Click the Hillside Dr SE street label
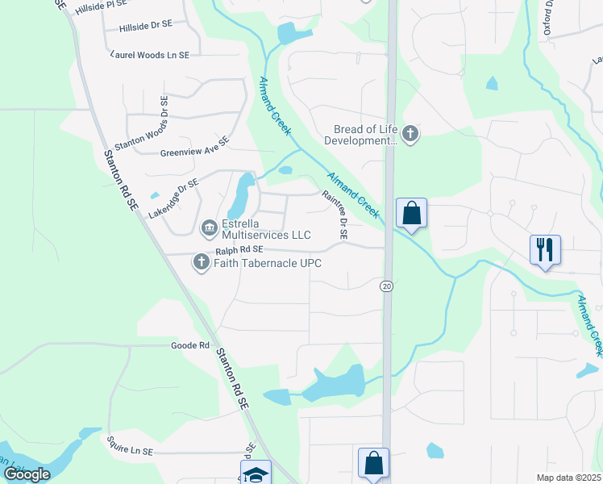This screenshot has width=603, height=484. pyautogui.click(x=145, y=26)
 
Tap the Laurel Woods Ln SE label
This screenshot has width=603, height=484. pyautogui.click(x=149, y=55)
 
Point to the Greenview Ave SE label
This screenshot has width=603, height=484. pyautogui.click(x=195, y=145)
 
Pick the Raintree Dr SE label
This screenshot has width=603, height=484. pyautogui.click(x=334, y=215)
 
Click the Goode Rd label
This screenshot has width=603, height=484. pyautogui.click(x=190, y=345)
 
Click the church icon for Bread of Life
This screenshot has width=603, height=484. pyautogui.click(x=410, y=134)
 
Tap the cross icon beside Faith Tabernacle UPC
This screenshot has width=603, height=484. pyautogui.click(x=201, y=262)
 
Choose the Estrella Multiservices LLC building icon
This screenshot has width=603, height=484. pyautogui.click(x=209, y=228)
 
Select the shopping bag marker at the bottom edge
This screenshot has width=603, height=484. pyautogui.click(x=373, y=465)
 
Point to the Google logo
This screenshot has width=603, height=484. pyautogui.click(x=27, y=474)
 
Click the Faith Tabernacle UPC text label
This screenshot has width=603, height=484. pyautogui.click(x=264, y=263)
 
